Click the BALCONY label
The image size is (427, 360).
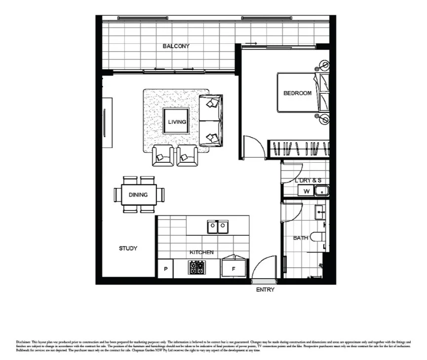(x=176, y=46)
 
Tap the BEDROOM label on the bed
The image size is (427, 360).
(x=297, y=93)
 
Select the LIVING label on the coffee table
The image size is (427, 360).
(x=177, y=122)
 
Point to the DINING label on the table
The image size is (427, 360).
(x=138, y=195)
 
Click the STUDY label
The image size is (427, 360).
(x=128, y=249)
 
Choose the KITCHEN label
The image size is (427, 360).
(x=201, y=252)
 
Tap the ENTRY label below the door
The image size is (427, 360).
(x=265, y=290)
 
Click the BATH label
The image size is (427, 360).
(x=301, y=238)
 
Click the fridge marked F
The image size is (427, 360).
(x=233, y=268)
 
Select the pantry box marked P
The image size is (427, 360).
(x=165, y=269)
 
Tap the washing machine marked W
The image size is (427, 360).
(x=306, y=191)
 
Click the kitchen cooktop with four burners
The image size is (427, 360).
(x=196, y=268)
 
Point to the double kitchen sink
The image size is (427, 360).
(x=218, y=227)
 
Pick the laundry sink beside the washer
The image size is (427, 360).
(x=321, y=190)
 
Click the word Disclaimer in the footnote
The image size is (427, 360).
(x=23, y=342)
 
